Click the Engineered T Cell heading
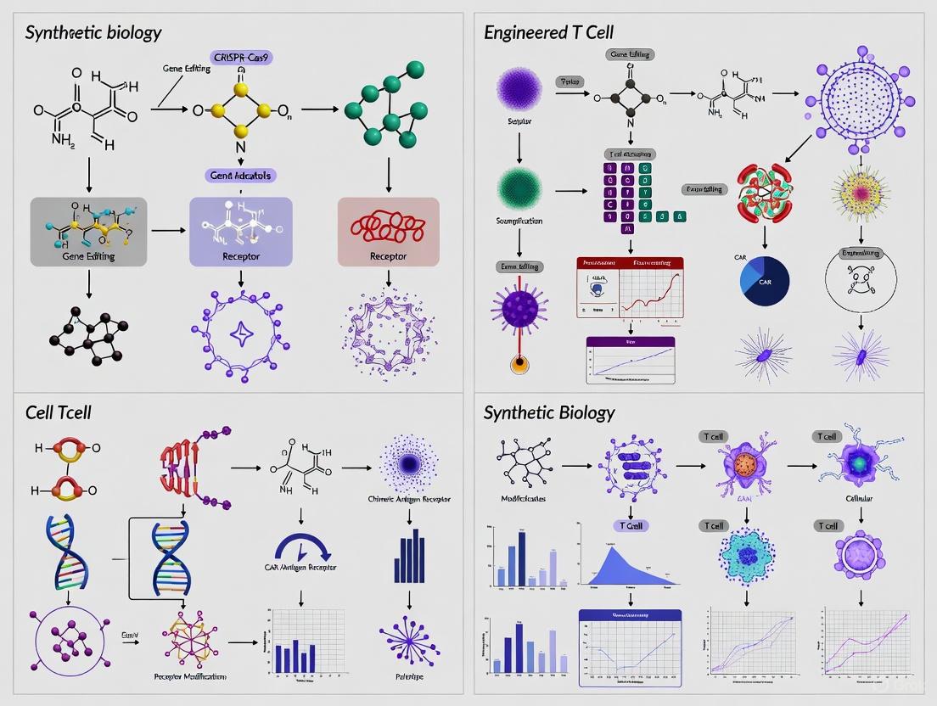(548, 33)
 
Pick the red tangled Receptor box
(388, 232)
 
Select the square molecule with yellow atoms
(241, 110)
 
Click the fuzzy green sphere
(519, 189)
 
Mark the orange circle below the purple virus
(519, 365)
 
